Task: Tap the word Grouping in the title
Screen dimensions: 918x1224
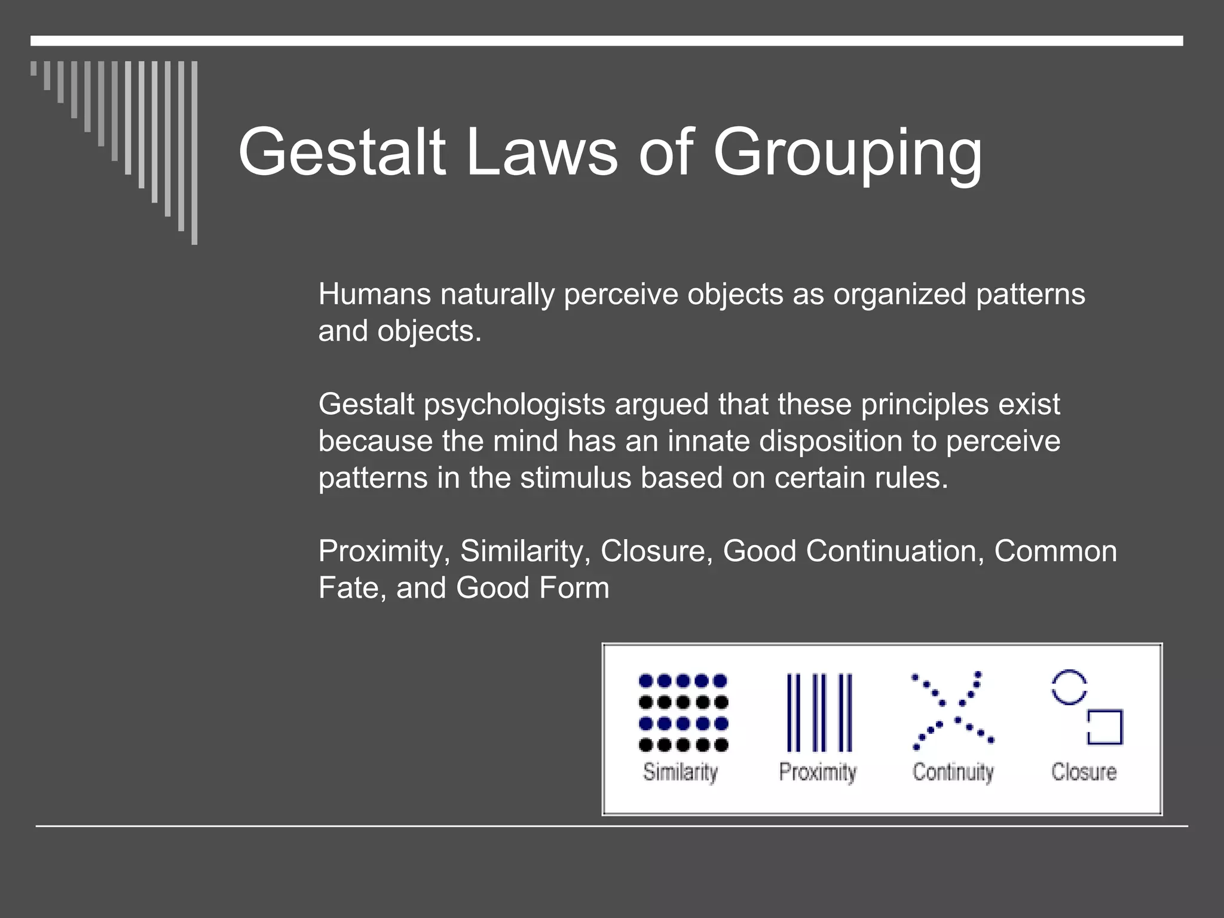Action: [x=847, y=154]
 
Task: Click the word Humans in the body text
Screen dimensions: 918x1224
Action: [x=374, y=294]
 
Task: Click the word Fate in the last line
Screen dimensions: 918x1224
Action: [x=348, y=587]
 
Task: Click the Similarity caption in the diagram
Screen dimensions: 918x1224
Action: [x=680, y=772]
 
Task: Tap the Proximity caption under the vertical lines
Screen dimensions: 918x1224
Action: [x=818, y=772]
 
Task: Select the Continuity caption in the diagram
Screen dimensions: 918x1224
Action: [x=953, y=772]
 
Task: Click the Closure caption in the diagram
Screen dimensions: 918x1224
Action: [x=1084, y=772]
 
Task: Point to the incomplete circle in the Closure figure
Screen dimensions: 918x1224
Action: [x=1069, y=687]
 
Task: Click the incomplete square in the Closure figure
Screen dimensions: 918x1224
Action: [x=1105, y=727]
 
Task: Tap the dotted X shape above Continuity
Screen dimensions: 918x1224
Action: [x=953, y=710]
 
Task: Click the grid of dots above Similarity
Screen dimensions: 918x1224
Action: [x=683, y=712]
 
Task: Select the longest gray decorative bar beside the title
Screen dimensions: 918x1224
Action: [x=194, y=152]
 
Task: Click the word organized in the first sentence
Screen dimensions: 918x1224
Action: [x=899, y=294]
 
